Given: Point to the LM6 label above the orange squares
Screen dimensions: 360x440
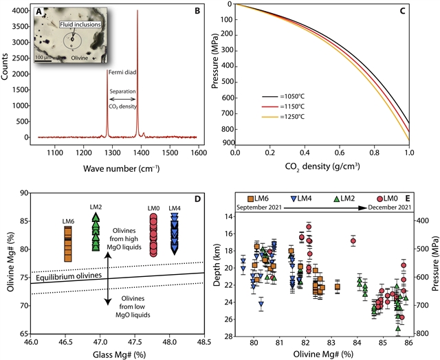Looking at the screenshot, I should [67, 221].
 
